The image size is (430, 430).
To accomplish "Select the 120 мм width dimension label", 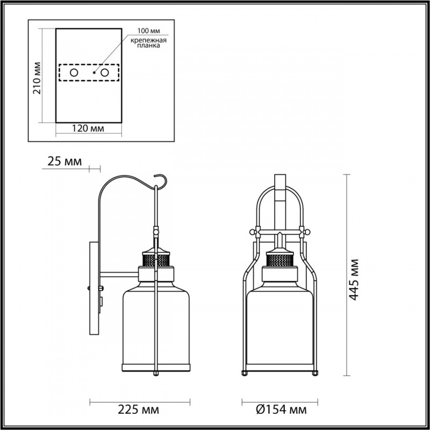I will (x=88, y=128).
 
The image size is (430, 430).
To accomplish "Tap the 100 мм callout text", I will (x=148, y=33).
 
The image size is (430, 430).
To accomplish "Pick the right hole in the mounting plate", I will (x=105, y=73).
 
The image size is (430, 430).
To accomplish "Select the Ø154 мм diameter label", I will (x=277, y=410).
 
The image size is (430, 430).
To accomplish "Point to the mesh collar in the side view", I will (x=156, y=262).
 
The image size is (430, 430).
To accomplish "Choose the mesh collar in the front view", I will (x=279, y=262).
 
